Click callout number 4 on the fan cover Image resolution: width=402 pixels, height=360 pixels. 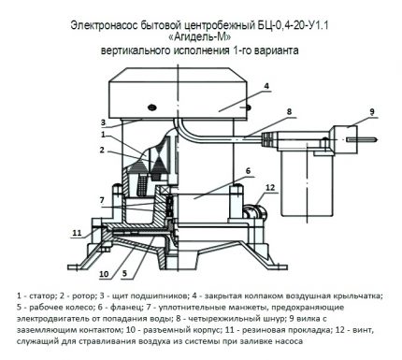[x=266, y=85]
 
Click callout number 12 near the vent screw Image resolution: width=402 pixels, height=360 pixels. [x=271, y=189]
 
